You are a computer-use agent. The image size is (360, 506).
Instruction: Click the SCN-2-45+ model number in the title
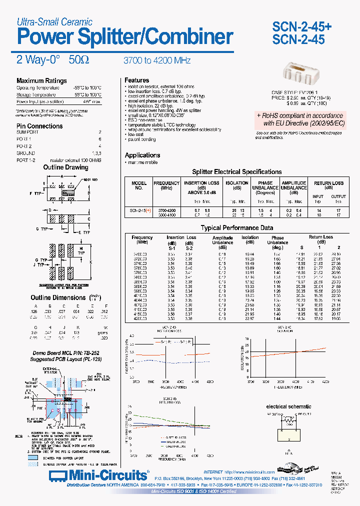[x=301, y=26]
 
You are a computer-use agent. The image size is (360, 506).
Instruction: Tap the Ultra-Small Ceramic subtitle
[x=54, y=21]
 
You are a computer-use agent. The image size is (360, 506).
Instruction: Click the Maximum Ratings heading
[x=41, y=81]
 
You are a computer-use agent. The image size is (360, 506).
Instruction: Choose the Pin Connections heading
[x=39, y=126]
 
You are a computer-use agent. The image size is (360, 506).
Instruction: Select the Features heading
[x=137, y=80]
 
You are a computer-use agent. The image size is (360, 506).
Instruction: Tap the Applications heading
[x=142, y=155]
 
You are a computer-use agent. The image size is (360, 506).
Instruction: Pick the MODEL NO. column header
[x=139, y=185]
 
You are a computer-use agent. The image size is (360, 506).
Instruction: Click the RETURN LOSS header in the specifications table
[x=328, y=183]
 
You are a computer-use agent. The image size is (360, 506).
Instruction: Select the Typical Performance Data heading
[x=236, y=228]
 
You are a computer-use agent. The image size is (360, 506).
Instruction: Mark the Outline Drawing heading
[x=65, y=167]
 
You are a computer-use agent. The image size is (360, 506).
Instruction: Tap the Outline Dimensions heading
[x=58, y=297]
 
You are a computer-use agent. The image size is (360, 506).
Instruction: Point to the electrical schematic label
[x=288, y=406]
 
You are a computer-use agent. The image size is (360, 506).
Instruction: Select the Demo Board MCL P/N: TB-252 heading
[x=59, y=352]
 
